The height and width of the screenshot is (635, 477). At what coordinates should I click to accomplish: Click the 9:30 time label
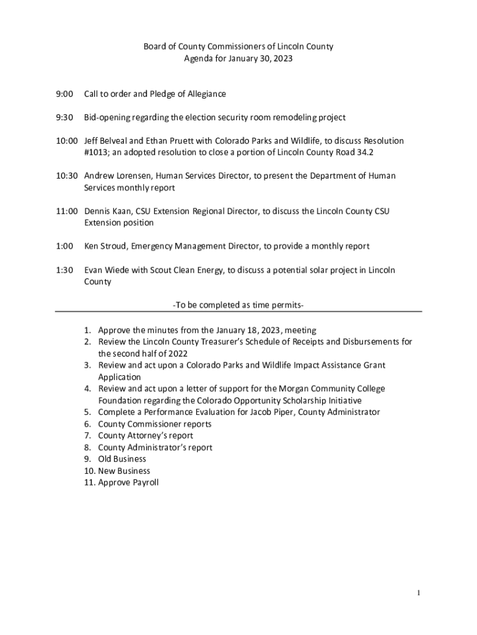(64, 117)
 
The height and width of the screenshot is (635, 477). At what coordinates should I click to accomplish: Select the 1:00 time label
(64, 246)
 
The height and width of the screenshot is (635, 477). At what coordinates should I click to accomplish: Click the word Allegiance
(205, 94)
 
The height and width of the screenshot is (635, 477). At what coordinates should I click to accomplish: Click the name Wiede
(117, 270)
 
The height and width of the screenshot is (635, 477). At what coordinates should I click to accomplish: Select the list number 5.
(88, 412)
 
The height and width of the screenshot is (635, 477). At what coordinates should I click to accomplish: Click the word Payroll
(144, 482)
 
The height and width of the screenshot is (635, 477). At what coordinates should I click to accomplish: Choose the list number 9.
(88, 459)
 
